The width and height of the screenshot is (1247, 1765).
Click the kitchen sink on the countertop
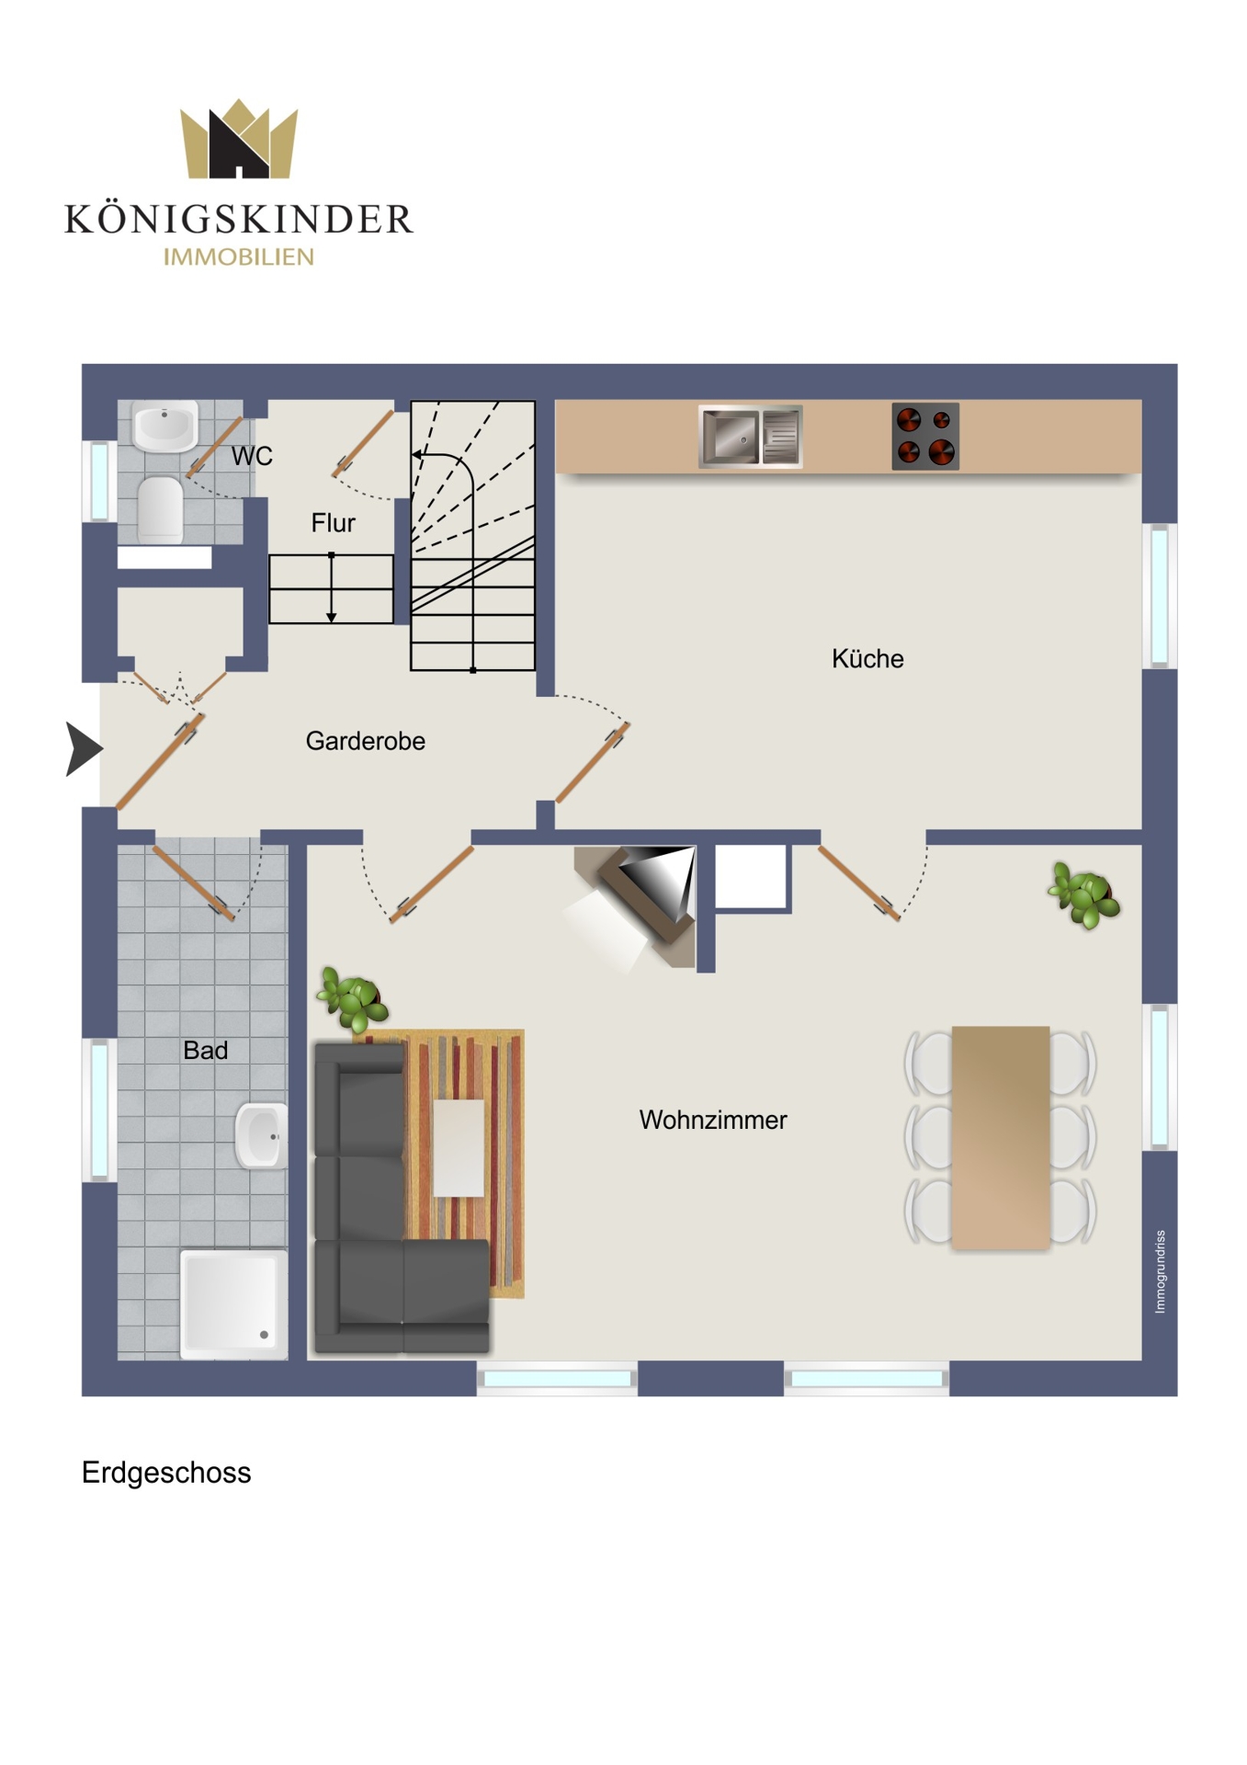pos(750,436)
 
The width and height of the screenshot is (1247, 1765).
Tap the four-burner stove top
pos(925,437)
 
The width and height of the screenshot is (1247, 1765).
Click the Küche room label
pos(867,658)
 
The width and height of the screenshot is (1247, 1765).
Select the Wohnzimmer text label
pos(713,1120)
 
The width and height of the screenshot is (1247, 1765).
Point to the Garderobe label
pos(366,741)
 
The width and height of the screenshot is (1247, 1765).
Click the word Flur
pos(333,523)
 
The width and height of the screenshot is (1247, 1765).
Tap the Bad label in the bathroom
pos(205,1050)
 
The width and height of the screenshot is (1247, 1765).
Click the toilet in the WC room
pos(161,508)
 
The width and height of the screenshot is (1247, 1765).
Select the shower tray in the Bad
pos(234,1303)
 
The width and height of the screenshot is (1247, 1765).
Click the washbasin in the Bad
pos(262,1136)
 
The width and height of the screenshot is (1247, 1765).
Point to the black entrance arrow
pos(84,749)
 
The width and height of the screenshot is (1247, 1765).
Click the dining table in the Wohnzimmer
pos(1001,1137)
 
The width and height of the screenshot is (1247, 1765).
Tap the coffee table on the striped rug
pos(459,1148)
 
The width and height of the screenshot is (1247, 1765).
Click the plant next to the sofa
pos(353,998)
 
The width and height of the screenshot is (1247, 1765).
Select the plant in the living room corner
pos(1084,895)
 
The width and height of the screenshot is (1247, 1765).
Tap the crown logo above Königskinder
pos(239,139)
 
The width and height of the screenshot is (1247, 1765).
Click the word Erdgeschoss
pos(166,1473)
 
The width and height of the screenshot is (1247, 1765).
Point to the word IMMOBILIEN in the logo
pos(239,257)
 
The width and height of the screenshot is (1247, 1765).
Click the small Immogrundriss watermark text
pos(1161,1271)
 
